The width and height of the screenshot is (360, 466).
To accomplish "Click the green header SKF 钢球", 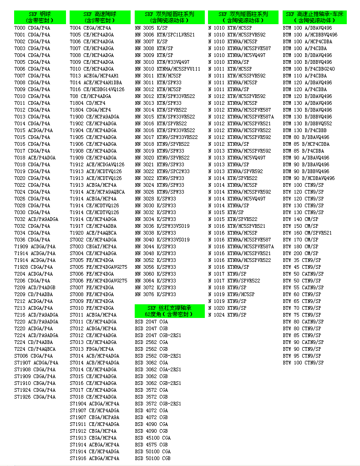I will click(x=40, y=17).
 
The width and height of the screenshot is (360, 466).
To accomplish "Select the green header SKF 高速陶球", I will click(x=100, y=17).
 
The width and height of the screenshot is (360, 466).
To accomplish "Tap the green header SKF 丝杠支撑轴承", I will click(x=170, y=311).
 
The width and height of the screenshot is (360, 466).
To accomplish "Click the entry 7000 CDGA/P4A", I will click(x=32, y=28).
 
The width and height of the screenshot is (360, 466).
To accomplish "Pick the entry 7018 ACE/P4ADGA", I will click(x=35, y=158).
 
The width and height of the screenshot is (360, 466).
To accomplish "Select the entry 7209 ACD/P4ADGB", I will click(x=35, y=288).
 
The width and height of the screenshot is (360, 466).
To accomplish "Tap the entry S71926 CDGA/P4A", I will click(x=35, y=397).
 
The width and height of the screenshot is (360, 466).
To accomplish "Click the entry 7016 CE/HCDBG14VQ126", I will click(x=97, y=90).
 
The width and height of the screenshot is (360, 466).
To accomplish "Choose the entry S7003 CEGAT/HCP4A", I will click(x=93, y=247).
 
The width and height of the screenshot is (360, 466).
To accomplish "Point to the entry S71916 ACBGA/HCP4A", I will click(x=94, y=459).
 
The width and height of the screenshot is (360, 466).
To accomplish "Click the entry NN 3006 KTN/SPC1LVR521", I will click(x=165, y=35).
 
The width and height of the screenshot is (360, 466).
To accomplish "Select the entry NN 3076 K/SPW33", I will click(x=155, y=295).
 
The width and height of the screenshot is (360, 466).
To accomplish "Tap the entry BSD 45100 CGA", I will click(x=152, y=438).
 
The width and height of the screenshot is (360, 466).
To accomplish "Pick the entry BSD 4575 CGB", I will click(x=151, y=445).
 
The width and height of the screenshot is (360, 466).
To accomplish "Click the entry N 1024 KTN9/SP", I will click(x=227, y=315).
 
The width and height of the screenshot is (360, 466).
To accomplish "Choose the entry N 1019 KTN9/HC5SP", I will click(x=231, y=295).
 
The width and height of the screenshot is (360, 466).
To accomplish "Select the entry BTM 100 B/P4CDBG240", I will click(x=309, y=69).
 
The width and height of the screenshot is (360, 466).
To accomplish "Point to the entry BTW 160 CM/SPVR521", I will click(x=307, y=233).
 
